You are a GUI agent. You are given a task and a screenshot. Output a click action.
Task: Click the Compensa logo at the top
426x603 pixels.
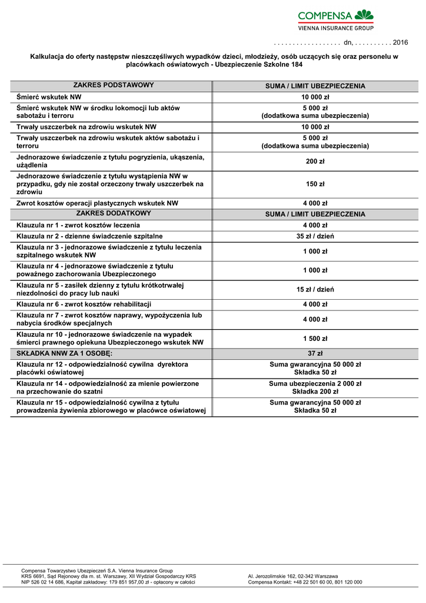click(x=335, y=19)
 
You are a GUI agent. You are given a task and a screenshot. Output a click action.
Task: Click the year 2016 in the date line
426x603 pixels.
click(x=400, y=43)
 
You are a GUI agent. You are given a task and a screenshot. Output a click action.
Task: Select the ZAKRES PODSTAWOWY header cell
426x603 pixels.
click(x=114, y=85)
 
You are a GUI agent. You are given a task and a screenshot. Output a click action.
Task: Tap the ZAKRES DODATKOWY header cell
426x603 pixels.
click(x=114, y=214)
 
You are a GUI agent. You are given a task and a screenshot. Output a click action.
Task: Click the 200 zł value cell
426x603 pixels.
click(x=315, y=161)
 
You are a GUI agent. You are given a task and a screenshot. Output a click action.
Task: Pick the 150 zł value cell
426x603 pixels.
click(x=315, y=184)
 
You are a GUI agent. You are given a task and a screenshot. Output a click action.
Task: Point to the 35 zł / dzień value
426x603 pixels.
click(x=315, y=236)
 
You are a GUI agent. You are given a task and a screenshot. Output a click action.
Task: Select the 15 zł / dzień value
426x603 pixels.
click(x=315, y=289)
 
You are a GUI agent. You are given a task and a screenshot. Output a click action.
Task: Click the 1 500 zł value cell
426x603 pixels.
click(x=315, y=339)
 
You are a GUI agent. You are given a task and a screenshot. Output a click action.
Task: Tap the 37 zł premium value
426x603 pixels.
click(x=315, y=353)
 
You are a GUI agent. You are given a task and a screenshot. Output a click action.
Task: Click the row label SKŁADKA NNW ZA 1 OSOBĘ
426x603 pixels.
click(x=65, y=353)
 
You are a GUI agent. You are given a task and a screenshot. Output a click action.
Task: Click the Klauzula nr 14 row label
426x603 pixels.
click(x=108, y=387)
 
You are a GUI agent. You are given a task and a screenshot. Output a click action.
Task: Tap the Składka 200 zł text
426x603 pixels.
click(x=315, y=392)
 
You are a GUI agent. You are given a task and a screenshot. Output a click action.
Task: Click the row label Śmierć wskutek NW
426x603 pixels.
click(x=49, y=97)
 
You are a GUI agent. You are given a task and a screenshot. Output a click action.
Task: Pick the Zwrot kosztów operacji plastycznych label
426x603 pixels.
click(x=97, y=203)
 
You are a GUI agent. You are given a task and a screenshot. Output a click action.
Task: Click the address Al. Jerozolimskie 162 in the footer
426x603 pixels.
click(x=293, y=576)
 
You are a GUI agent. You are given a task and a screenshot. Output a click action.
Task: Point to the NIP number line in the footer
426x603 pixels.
click(x=108, y=582)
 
